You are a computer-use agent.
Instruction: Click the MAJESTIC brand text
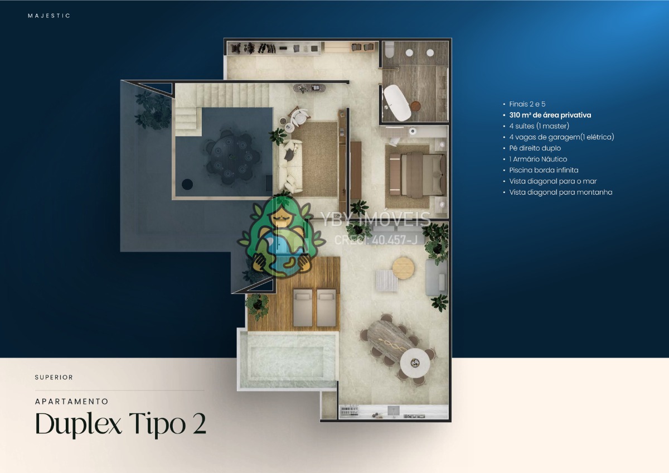coord(49,16)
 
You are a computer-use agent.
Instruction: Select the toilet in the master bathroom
coord(390,50)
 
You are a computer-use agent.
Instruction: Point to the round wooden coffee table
coord(403,268)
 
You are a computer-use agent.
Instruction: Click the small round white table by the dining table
coord(415,363)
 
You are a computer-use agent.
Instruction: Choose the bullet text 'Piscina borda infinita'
coord(544,170)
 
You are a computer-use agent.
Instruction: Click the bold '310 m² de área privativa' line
coord(550,115)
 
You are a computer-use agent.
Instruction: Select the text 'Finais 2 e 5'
coord(527,104)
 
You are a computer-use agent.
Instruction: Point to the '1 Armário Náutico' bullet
coord(538,160)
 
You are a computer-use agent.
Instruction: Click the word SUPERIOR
coord(54,378)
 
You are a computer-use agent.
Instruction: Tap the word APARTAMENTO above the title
coord(72,402)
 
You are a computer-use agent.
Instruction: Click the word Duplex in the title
coord(79,424)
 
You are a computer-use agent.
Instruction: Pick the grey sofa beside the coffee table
coord(437,278)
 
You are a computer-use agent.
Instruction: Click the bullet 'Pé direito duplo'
coord(535,148)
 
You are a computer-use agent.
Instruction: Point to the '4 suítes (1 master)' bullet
coord(539,126)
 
